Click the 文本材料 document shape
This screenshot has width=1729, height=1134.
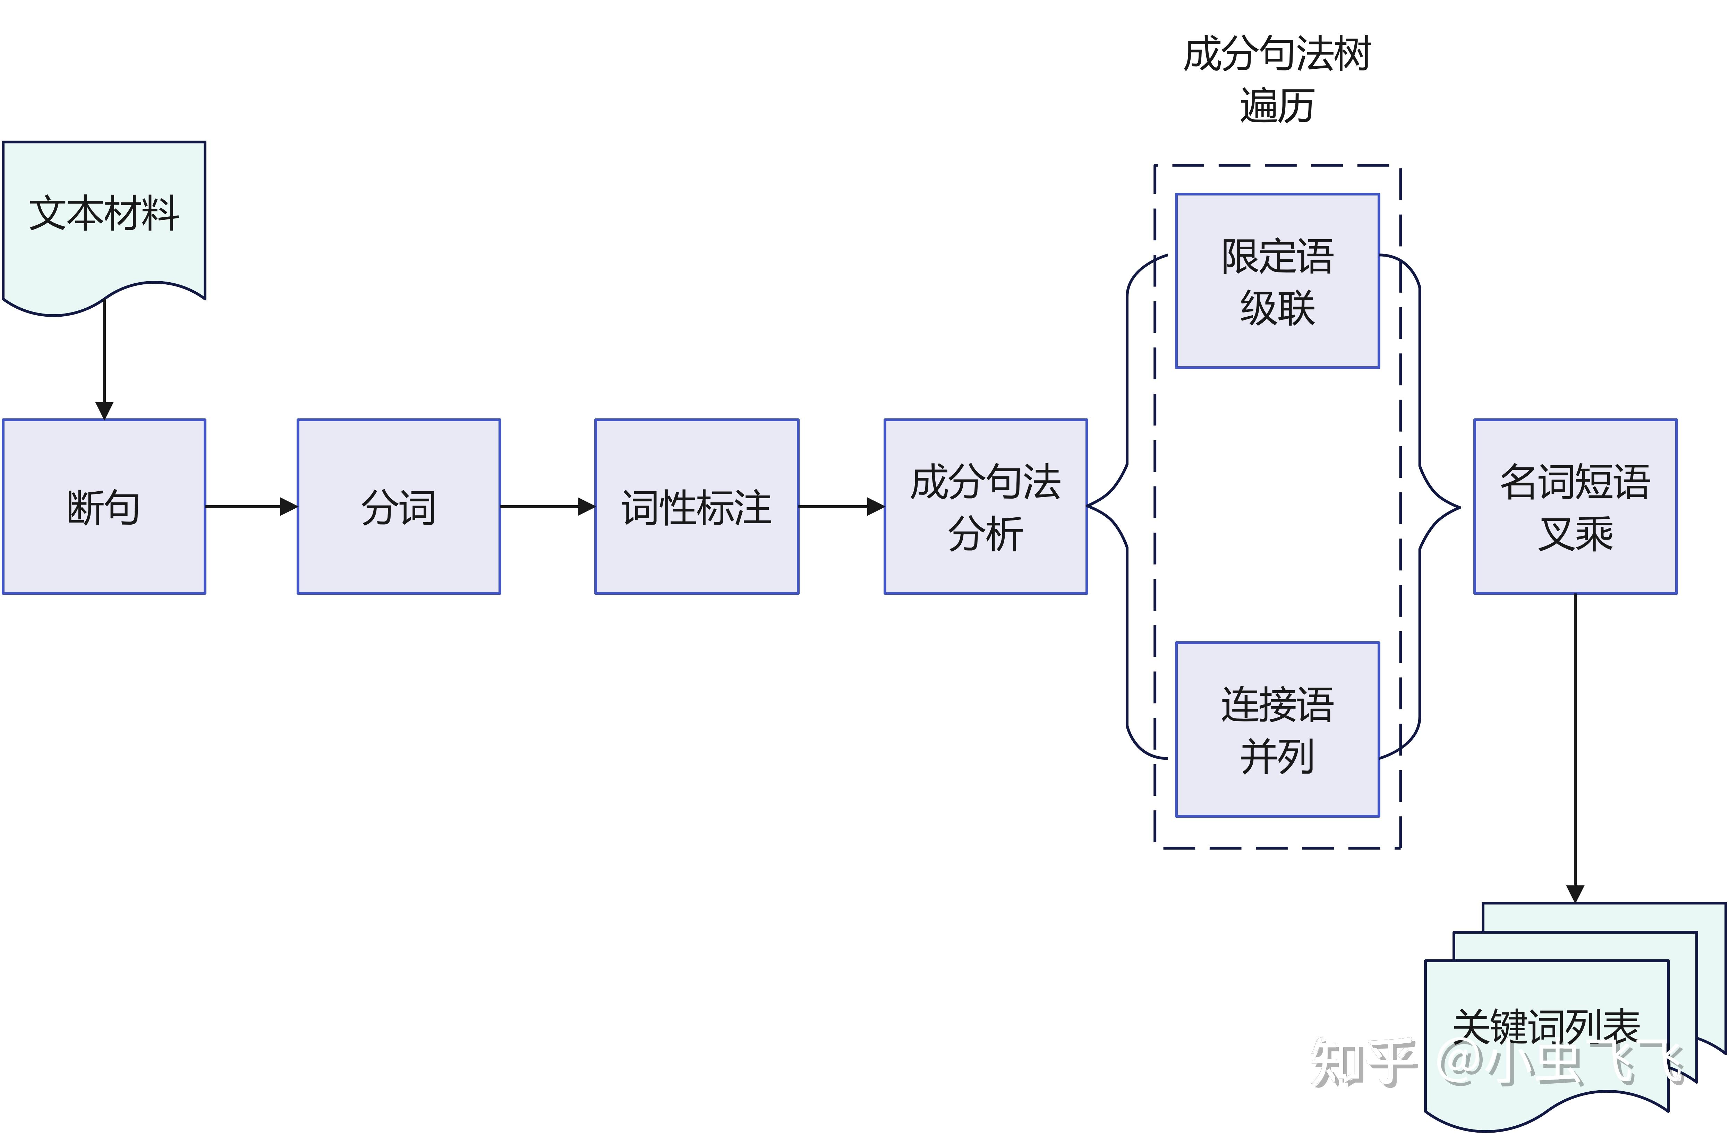click(x=104, y=218)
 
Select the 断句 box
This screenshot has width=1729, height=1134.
click(x=104, y=507)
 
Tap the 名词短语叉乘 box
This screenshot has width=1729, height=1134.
click(x=1575, y=507)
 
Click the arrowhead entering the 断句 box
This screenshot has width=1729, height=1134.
click(x=104, y=411)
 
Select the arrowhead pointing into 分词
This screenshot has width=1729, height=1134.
click(x=289, y=507)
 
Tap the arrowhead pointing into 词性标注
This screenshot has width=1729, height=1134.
click(x=587, y=507)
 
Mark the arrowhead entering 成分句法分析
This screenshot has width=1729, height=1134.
click(x=876, y=507)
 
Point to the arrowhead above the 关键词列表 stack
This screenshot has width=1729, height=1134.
click(x=1575, y=894)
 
